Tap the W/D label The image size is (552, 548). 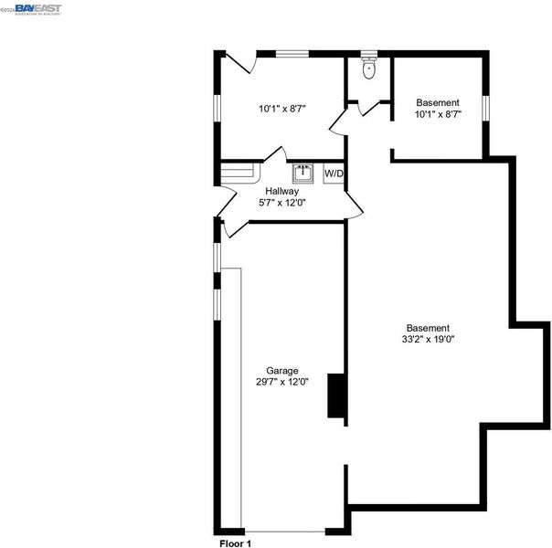pyautogui.click(x=334, y=174)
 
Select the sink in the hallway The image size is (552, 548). pyautogui.click(x=303, y=174)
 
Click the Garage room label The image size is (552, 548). pyautogui.click(x=282, y=371)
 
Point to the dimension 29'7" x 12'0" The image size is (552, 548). pyautogui.click(x=282, y=382)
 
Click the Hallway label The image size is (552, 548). pyautogui.click(x=282, y=191)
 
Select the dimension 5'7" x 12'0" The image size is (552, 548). pyautogui.click(x=282, y=203)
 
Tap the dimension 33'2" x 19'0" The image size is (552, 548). pyautogui.click(x=428, y=339)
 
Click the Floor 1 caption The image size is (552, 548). pyautogui.click(x=235, y=543)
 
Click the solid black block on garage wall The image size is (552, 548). pyautogui.click(x=337, y=395)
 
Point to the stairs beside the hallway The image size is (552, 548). pyautogui.click(x=240, y=173)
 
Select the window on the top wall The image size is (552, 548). pyautogui.click(x=292, y=54)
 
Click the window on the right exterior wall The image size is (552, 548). pyautogui.click(x=486, y=109)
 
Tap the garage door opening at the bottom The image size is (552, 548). pyautogui.click(x=285, y=532)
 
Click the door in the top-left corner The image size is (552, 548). pyautogui.click(x=240, y=62)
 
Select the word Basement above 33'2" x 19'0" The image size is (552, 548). pyautogui.click(x=428, y=328)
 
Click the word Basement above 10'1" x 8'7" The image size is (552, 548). pyautogui.click(x=438, y=102)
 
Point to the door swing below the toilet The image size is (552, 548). pyautogui.click(x=369, y=109)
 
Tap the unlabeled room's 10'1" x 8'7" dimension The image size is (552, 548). pyautogui.click(x=282, y=109)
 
